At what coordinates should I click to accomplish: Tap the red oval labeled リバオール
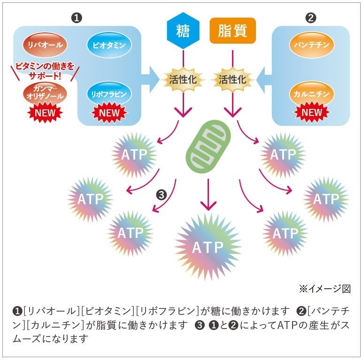[x=46, y=45]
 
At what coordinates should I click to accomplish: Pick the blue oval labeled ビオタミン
[x=109, y=45]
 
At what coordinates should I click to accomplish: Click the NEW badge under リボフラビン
[x=109, y=113]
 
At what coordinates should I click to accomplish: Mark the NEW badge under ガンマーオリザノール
[x=46, y=113]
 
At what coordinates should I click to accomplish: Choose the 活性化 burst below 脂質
[x=232, y=79]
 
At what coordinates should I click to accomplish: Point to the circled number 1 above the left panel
[x=77, y=18]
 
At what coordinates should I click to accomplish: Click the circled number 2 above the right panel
[x=311, y=18]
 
